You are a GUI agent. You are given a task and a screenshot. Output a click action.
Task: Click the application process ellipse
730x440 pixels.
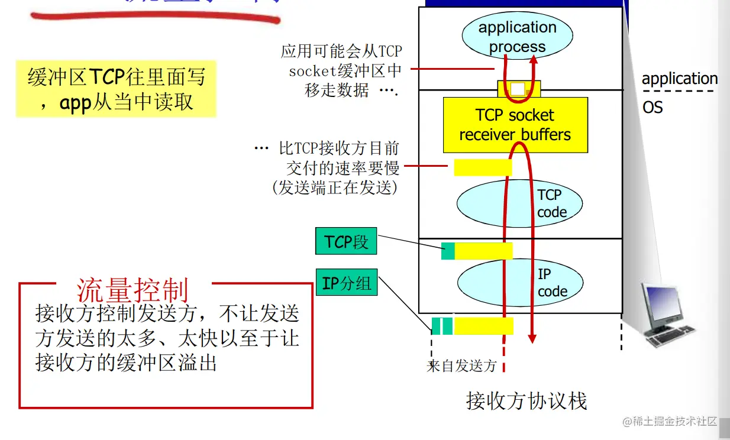coord(517,37)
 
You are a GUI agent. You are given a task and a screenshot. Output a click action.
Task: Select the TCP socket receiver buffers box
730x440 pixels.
coord(515,125)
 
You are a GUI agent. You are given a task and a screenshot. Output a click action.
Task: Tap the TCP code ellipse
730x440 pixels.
coord(519,203)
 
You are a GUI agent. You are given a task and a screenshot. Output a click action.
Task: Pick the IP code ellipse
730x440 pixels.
coord(519,283)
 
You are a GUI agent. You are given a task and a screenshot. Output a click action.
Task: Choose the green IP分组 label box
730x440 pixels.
coord(347,283)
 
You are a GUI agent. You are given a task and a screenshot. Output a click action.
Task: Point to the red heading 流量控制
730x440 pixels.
coord(133,290)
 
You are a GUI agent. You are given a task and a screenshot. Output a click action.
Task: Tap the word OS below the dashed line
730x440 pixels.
coord(653,108)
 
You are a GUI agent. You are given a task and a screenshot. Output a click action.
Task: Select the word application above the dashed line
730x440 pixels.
coord(680,79)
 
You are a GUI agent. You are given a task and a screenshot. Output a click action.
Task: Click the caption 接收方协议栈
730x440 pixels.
coord(526,401)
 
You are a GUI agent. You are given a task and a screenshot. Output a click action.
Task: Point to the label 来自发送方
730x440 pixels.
coord(461,365)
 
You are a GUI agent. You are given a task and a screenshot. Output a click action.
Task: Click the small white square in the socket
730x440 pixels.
coord(518,89)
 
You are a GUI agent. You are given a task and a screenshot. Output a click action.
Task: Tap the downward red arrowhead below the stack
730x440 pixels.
coord(532,338)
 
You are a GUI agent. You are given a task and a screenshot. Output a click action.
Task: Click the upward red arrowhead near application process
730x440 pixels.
coord(533,59)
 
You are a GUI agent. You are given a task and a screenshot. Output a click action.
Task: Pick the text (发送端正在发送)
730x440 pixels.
coord(335,187)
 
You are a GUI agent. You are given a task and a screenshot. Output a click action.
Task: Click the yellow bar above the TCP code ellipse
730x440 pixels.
coord(482,167)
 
